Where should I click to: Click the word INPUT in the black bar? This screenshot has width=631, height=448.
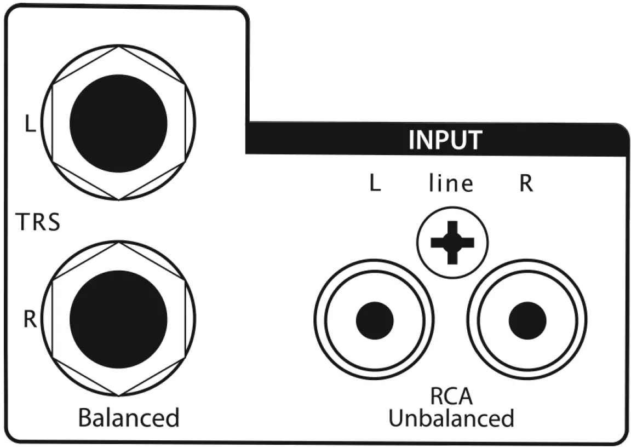445,140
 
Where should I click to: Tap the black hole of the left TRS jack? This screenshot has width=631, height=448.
118,123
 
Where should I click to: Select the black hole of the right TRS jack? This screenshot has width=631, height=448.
118,319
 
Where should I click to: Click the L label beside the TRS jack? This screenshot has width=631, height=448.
30,124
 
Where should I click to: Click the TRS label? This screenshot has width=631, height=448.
37,223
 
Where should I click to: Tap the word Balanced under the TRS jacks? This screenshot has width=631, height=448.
129,418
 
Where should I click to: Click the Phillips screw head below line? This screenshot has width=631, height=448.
451,241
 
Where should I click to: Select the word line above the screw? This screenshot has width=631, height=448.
450,184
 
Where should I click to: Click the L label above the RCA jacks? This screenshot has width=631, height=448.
375,184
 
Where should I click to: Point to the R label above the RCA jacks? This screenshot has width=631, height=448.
526,184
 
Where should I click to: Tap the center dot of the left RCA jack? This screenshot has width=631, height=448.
375,320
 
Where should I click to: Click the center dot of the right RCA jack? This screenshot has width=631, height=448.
527,320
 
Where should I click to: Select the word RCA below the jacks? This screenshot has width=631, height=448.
451,396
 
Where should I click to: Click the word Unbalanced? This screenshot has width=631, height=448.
451,418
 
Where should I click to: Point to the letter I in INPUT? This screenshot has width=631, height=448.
412,141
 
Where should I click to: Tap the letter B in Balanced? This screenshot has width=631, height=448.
86,418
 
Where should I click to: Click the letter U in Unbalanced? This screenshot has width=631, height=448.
396,418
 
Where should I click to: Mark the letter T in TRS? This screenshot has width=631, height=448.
21,223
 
